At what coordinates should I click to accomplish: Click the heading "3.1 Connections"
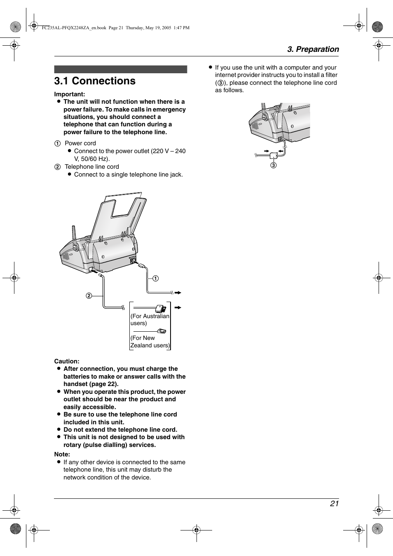(x=95, y=81)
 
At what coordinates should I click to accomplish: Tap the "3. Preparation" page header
(x=313, y=49)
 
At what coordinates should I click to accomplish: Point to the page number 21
(x=334, y=503)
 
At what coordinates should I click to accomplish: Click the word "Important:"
(x=70, y=94)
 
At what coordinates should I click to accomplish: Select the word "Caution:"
(x=67, y=361)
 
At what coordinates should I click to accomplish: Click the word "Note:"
(x=62, y=454)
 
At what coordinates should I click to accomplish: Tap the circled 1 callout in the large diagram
(x=156, y=279)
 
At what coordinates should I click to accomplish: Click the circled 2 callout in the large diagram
(x=89, y=295)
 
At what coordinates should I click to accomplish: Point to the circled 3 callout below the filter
(x=274, y=165)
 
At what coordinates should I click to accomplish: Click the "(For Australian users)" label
(x=150, y=319)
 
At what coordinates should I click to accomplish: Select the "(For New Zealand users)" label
(x=150, y=342)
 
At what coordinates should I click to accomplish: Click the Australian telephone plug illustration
(x=161, y=308)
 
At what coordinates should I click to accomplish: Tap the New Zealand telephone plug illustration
(x=161, y=331)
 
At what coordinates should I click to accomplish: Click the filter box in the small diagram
(x=274, y=156)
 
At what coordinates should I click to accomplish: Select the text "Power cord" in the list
(x=80, y=143)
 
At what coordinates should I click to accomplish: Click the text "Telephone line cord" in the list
(x=92, y=167)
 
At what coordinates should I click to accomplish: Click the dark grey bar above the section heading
(x=121, y=69)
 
